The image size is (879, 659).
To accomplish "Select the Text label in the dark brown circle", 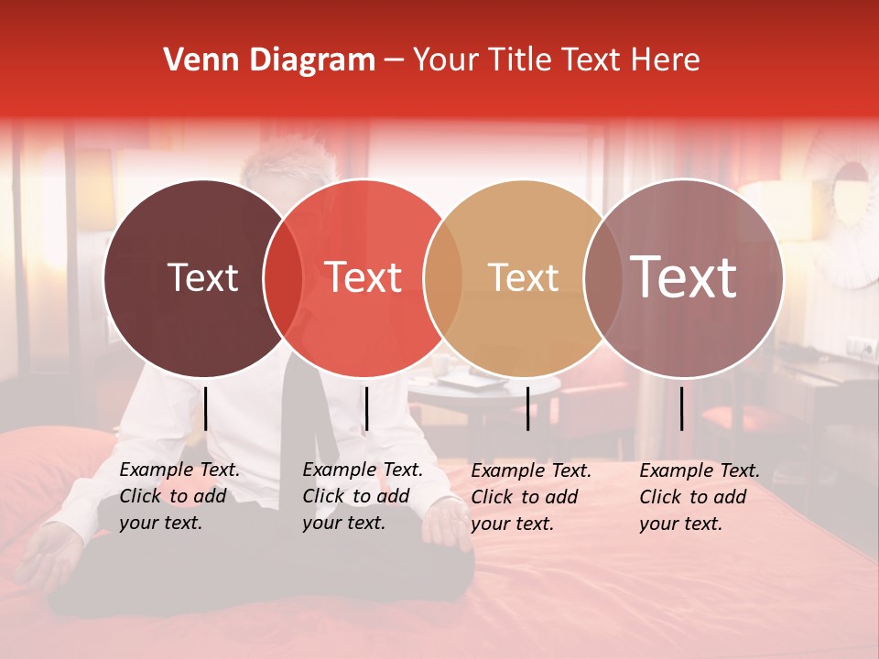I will tap(202, 277).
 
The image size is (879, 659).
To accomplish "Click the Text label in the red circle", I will tap(363, 277).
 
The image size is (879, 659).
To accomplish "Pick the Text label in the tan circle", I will tap(523, 277).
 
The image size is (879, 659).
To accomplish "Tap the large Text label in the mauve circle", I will tap(684, 276).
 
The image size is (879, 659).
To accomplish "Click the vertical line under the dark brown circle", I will tap(206, 408).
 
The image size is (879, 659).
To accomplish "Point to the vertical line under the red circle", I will tap(366, 408).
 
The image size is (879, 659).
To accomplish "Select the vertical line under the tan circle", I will tap(528, 408).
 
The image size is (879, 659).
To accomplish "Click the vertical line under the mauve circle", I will tap(682, 408).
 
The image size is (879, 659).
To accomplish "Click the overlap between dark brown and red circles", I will tap(283, 277).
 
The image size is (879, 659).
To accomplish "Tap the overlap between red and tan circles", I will tap(443, 277).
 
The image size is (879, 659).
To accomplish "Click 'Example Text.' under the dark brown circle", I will tap(179, 470).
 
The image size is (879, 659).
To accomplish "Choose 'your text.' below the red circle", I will tap(343, 523).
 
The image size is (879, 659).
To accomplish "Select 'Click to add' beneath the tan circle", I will tap(524, 497).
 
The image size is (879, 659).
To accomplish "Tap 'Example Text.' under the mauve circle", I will tap(700, 470).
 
